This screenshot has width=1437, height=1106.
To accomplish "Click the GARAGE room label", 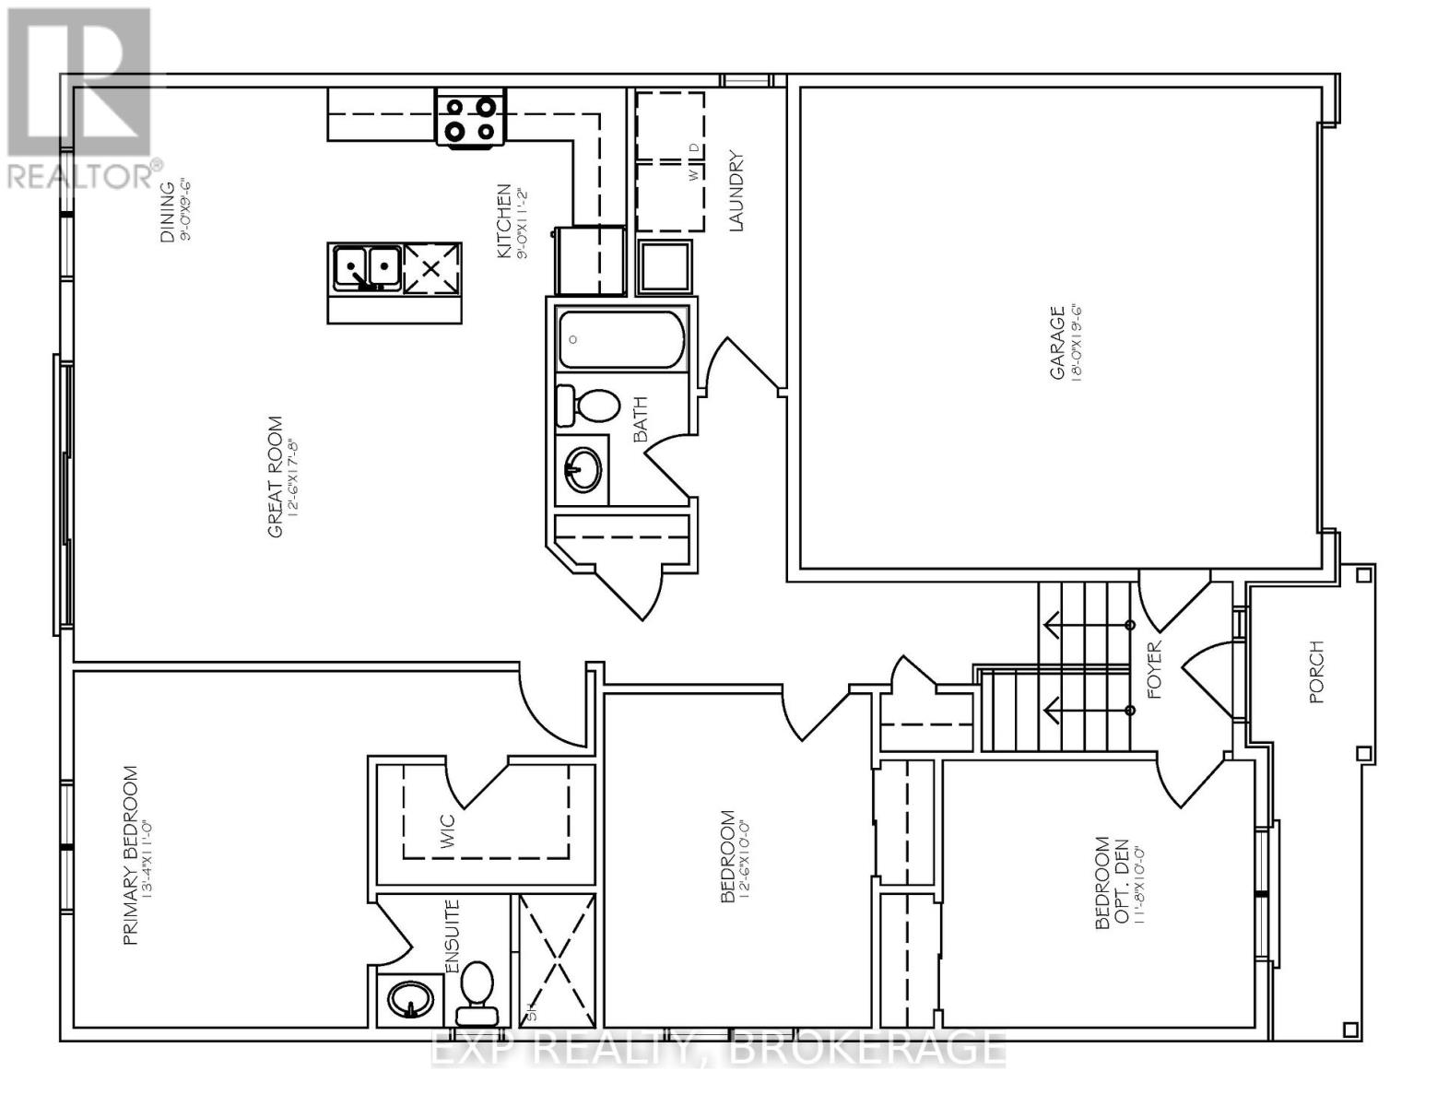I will pyautogui.click(x=1057, y=343).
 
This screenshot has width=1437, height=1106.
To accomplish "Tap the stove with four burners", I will pyautogui.click(x=471, y=120).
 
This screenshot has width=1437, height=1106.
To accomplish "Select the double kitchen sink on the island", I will pyautogui.click(x=366, y=267).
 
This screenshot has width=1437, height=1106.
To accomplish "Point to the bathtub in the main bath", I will pyautogui.click(x=621, y=339).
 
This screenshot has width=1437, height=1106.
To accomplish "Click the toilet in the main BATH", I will pyautogui.click(x=588, y=406).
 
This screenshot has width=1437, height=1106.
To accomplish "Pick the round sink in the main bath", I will pyautogui.click(x=583, y=470).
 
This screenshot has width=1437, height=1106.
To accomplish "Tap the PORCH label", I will pyautogui.click(x=1315, y=672).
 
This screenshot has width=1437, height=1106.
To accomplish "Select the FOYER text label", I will pyautogui.click(x=1157, y=670).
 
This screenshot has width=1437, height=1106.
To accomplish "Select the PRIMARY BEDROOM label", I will pyautogui.click(x=131, y=855).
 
